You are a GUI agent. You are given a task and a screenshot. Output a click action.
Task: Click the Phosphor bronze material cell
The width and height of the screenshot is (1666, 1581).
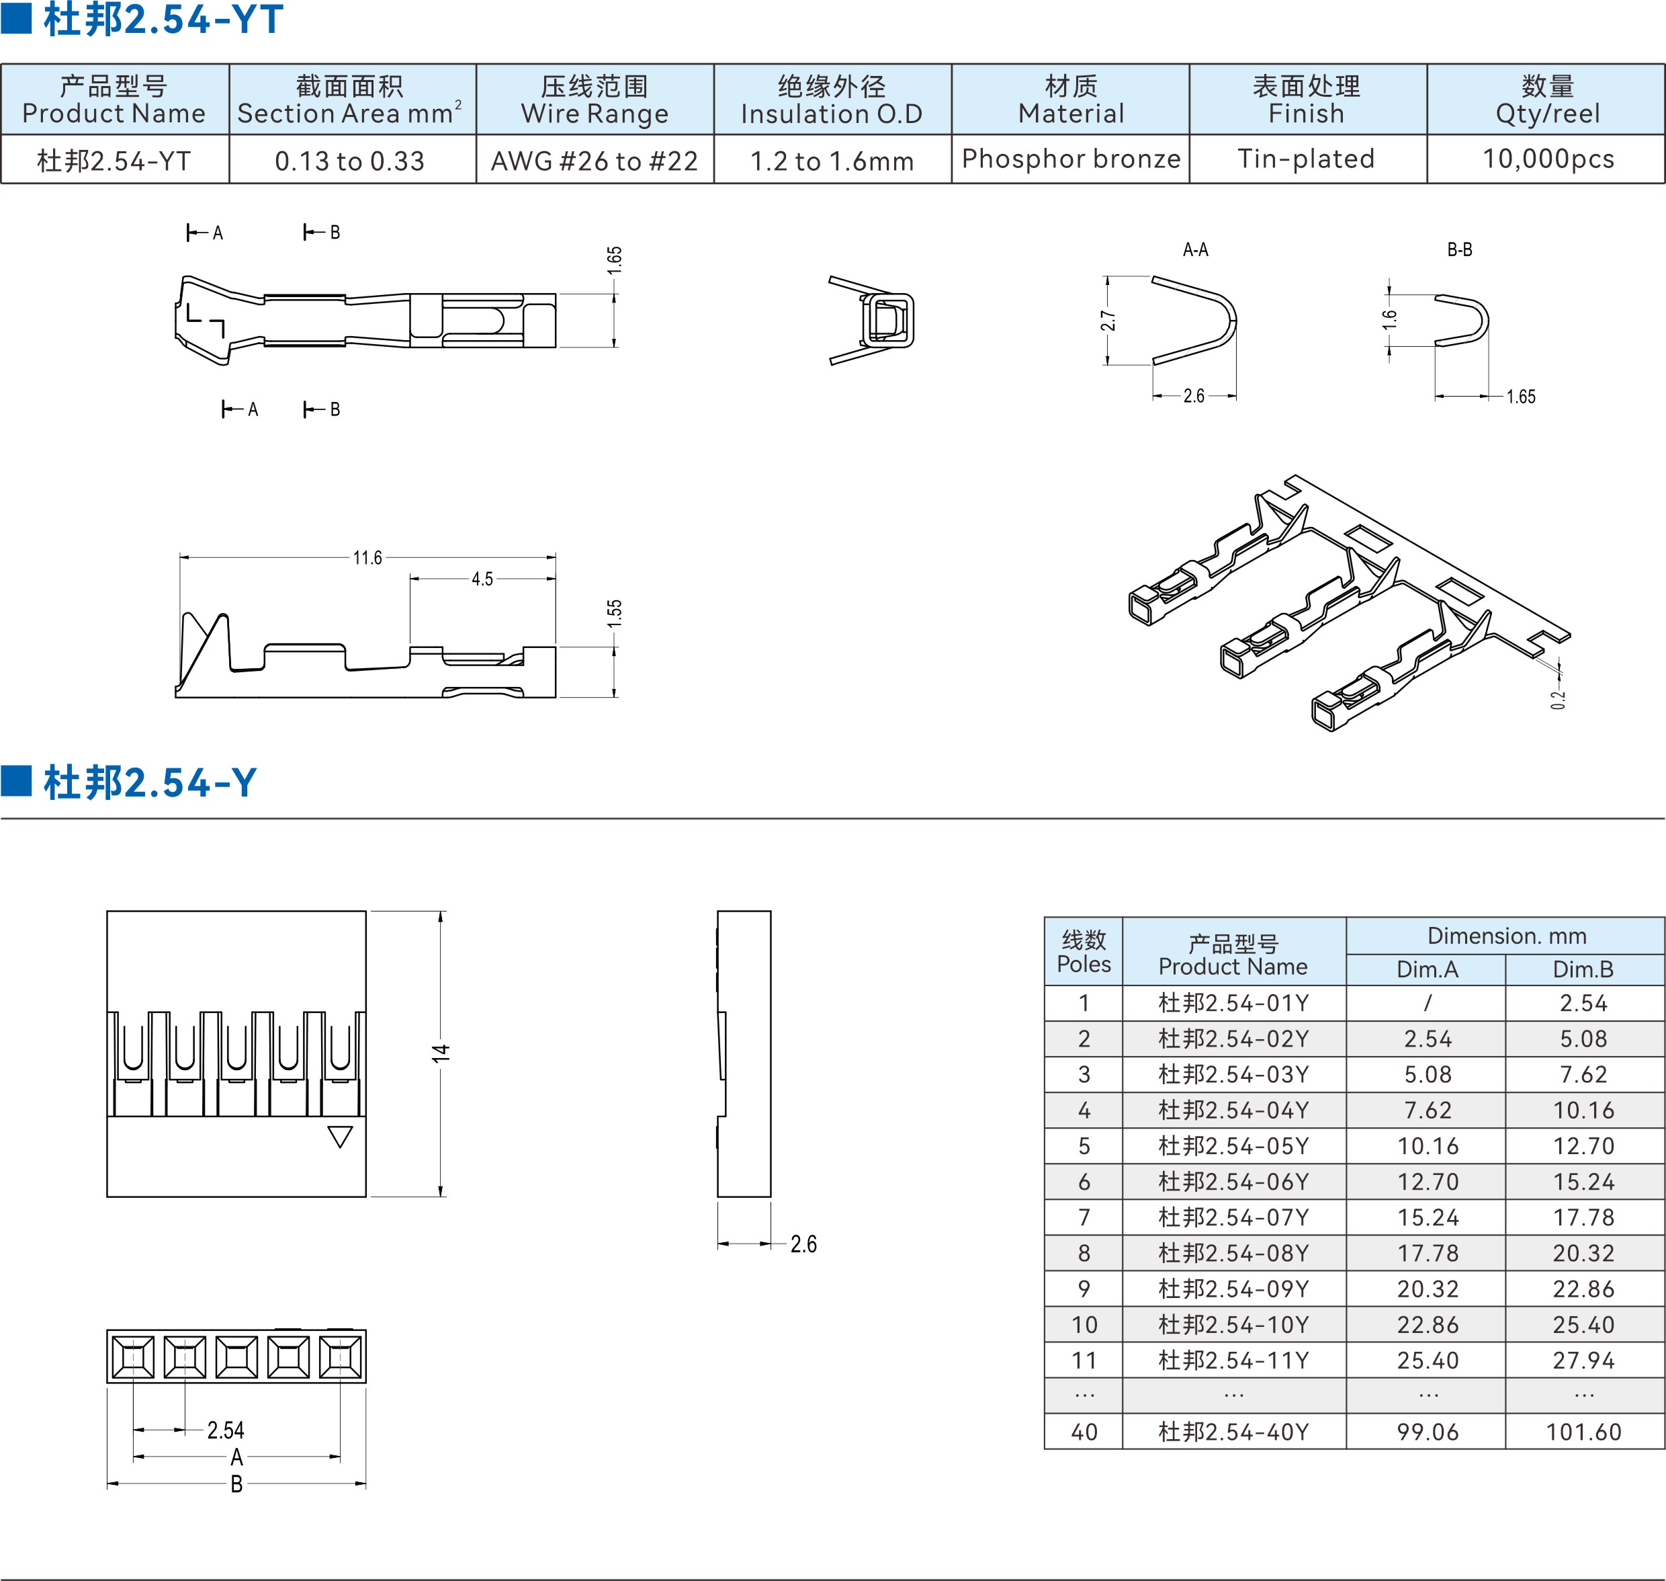(1071, 159)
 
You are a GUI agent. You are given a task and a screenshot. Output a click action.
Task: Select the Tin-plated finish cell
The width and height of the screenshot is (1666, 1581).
(1307, 159)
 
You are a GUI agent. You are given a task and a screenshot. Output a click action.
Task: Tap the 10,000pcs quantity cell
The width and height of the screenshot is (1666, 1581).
(1548, 159)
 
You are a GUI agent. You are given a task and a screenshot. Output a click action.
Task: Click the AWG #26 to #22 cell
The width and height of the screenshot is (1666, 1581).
(595, 160)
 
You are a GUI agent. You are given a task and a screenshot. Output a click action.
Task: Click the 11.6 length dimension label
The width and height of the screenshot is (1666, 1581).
(367, 557)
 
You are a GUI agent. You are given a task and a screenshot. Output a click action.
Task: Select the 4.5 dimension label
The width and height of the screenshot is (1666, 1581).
(482, 579)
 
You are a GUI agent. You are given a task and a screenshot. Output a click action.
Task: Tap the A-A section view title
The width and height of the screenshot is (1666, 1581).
(1195, 249)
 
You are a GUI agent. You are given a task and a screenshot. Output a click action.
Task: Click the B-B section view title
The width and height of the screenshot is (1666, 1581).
(1460, 249)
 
